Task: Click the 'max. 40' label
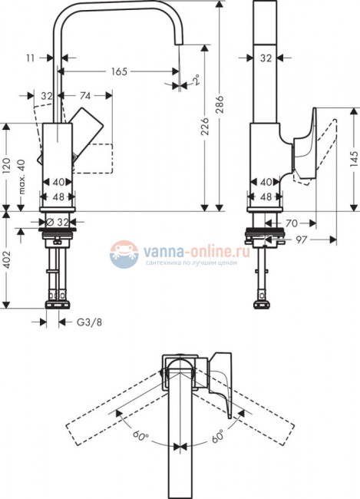click(21, 177)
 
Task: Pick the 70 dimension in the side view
click(291, 223)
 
